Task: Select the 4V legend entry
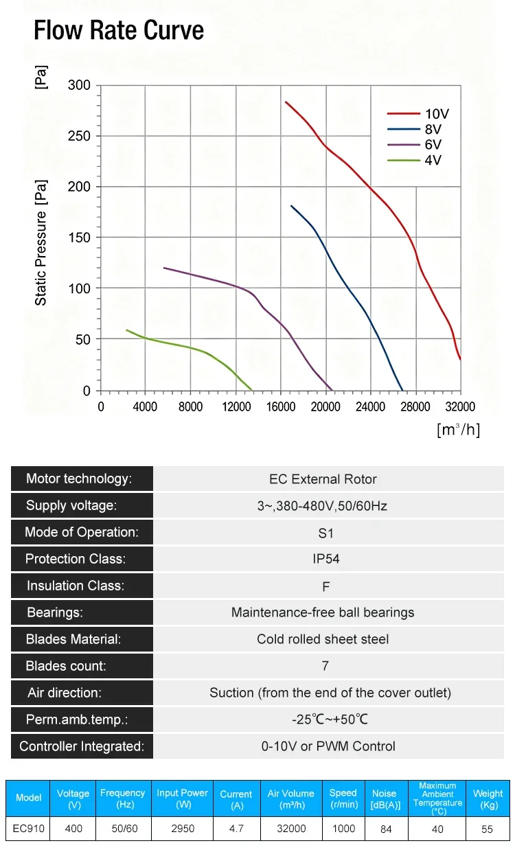pyautogui.click(x=414, y=160)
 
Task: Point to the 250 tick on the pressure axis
pyautogui.click(x=79, y=136)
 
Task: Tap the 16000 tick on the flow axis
pyautogui.click(x=281, y=406)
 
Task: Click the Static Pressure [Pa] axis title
pyautogui.click(x=41, y=243)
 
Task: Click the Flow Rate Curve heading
pyautogui.click(x=119, y=30)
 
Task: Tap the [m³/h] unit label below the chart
pyautogui.click(x=459, y=429)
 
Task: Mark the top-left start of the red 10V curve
pyautogui.click(x=286, y=102)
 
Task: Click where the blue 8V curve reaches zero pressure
pyautogui.click(x=402, y=390)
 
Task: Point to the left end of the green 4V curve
pyautogui.click(x=127, y=330)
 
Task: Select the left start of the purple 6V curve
pyautogui.click(x=164, y=268)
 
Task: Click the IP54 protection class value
pyautogui.click(x=326, y=559)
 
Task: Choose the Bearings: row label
pyautogui.click(x=55, y=612)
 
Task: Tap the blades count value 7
pyautogui.click(x=325, y=666)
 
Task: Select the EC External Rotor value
pyautogui.click(x=323, y=479)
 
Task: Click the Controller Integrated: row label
pyautogui.click(x=82, y=746)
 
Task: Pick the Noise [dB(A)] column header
pyautogui.click(x=386, y=799)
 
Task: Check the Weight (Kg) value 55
pyautogui.click(x=487, y=829)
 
